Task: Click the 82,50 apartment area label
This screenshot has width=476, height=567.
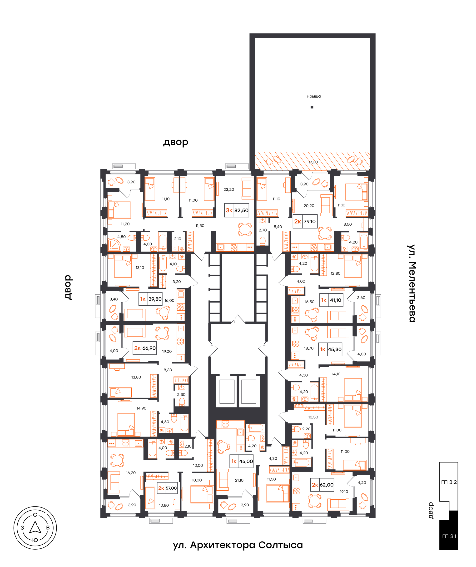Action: coord(241,210)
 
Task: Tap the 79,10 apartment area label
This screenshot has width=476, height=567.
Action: coord(309,222)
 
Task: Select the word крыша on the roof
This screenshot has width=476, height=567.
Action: coord(314,96)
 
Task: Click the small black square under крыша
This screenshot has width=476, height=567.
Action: coord(312,107)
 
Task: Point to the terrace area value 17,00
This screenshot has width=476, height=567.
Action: coord(313,162)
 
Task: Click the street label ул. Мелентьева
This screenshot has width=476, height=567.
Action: coord(412,283)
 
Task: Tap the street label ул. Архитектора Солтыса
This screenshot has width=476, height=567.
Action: coord(238,545)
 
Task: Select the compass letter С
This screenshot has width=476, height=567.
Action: coord(35,515)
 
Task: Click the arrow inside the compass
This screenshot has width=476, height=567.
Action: coord(35,527)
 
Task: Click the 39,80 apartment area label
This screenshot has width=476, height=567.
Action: coord(155,299)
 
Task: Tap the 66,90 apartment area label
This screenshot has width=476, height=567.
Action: coord(149,348)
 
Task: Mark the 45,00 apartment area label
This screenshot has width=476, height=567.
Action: coord(246,461)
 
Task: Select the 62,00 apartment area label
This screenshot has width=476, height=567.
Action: coord(327,485)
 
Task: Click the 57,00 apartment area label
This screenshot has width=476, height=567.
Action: coord(171,488)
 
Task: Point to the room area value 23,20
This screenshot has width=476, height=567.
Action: coord(229,189)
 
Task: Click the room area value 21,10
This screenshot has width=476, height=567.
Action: coord(239,480)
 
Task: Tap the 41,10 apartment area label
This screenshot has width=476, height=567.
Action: coord(336,300)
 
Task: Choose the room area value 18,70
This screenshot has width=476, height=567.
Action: coord(309,348)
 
